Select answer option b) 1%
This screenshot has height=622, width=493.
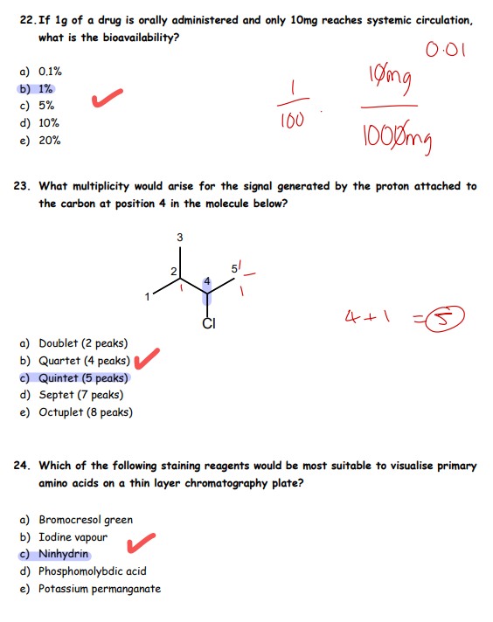37,88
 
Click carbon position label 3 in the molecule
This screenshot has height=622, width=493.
179,237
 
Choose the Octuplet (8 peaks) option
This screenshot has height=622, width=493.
78,412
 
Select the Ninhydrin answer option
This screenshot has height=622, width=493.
56,555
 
